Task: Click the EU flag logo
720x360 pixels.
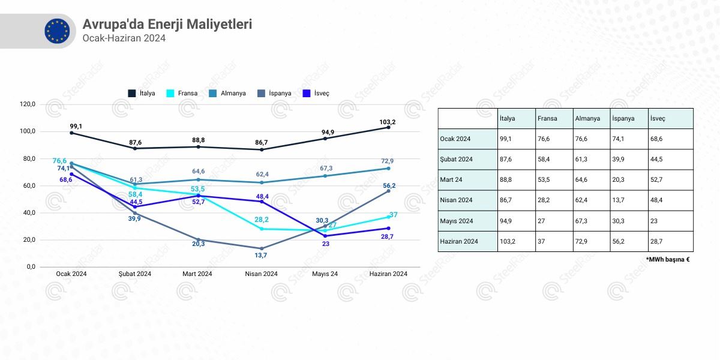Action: coord(57,31)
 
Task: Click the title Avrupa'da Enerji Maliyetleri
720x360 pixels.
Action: coord(167,25)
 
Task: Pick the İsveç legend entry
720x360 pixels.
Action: coord(316,93)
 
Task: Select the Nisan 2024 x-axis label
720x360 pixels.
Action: coord(262,274)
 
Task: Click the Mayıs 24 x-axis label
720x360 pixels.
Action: coord(325,274)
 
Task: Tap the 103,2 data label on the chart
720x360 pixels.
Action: coord(388,122)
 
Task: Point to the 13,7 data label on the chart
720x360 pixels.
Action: coord(262,256)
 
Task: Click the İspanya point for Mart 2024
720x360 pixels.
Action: coord(198,240)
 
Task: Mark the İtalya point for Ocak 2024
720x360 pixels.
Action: coord(71,133)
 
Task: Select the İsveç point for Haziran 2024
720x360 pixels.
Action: coord(389,228)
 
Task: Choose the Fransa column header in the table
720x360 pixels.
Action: coord(547,118)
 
